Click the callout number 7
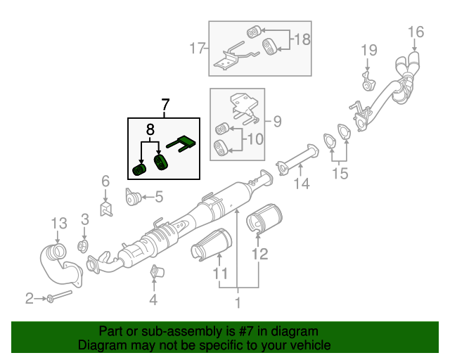[165, 106]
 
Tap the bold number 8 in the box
[150, 130]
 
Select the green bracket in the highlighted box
[184, 145]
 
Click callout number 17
[197, 49]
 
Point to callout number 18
[301, 39]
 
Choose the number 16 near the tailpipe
[416, 32]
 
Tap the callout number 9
[277, 122]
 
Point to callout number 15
[340, 173]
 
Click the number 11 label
[220, 273]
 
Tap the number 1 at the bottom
[238, 303]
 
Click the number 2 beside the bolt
[30, 299]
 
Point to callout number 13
[59, 224]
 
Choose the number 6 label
[105, 181]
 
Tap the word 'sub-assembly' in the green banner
[169, 331]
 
